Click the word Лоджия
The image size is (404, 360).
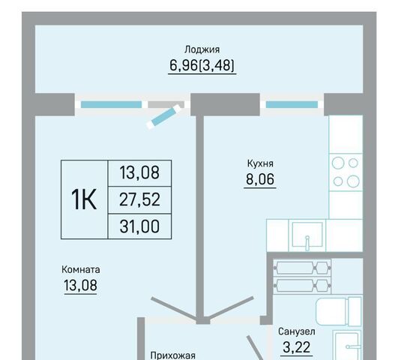pos(202,49)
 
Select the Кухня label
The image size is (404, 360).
pos(260,163)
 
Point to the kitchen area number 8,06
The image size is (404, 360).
pos(260,179)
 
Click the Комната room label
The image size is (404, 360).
pos(81,270)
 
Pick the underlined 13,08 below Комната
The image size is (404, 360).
pos(80,285)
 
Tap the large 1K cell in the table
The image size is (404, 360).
pos(84,199)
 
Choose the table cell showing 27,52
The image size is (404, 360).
pos(139,199)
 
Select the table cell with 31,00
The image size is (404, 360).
pos(139,226)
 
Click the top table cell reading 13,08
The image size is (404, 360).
pos(139,173)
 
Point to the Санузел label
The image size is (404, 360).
pos(297,331)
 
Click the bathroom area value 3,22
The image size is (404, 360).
pos(297,347)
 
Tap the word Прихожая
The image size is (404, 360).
pos(172,355)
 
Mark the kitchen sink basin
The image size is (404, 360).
pos(307,235)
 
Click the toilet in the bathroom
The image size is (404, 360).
pos(339,312)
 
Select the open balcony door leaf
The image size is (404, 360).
pos(164,116)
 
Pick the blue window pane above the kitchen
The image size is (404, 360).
pos(292,104)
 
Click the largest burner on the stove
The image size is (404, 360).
pos(353,181)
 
